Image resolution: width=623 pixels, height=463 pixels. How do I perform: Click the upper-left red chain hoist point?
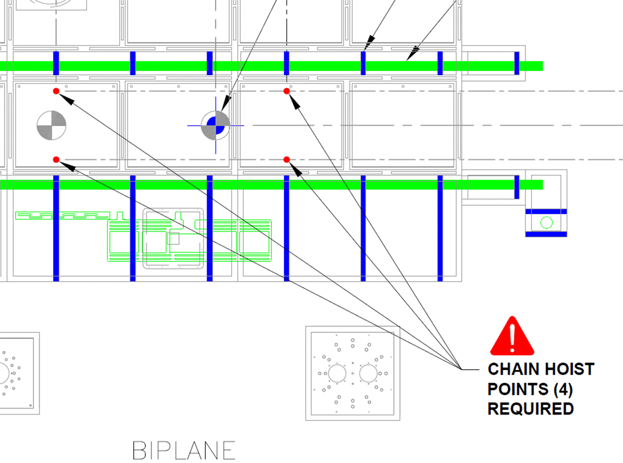[x=56, y=91]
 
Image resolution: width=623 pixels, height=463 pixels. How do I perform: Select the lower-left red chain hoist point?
[x=56, y=160]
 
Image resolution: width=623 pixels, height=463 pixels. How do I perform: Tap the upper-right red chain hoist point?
[x=286, y=91]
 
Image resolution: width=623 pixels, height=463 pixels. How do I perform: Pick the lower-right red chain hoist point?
[x=286, y=160]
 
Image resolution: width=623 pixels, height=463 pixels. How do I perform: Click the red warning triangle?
[x=512, y=337]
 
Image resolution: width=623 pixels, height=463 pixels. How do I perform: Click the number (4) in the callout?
[x=563, y=390]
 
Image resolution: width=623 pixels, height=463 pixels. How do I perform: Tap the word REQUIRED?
[x=531, y=409]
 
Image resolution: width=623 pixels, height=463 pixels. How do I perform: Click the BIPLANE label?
[x=184, y=450]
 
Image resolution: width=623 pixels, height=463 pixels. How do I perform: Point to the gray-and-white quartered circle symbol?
[x=51, y=125]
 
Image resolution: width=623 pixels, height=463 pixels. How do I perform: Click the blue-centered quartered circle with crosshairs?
[x=216, y=125]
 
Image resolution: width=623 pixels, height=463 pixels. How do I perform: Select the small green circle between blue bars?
[x=546, y=223]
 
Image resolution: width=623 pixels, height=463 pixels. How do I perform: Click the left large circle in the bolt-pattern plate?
[x=337, y=373]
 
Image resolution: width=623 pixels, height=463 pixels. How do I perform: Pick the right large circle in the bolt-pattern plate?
[x=368, y=373]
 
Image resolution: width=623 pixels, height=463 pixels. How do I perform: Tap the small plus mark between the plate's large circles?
[x=353, y=373]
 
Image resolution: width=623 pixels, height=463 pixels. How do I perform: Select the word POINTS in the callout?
[x=518, y=389]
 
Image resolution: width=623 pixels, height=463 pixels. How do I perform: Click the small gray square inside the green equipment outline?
[x=173, y=238]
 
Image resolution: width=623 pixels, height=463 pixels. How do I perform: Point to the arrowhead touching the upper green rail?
[x=413, y=53]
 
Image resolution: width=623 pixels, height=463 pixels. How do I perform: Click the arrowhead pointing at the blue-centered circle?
[x=226, y=103]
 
